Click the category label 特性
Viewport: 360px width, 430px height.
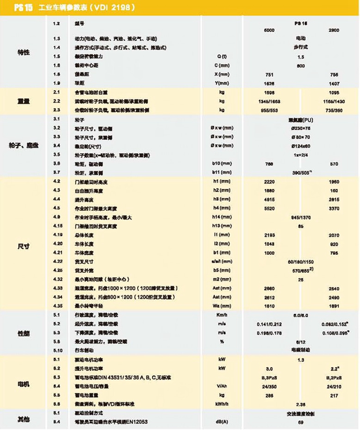(24, 52)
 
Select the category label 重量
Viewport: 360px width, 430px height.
(24, 101)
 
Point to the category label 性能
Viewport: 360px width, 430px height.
(24, 332)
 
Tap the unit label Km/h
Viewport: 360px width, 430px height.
(223, 315)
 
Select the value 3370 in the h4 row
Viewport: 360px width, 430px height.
(334, 208)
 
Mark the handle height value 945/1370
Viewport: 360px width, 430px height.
(301, 217)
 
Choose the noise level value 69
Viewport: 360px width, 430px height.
(301, 421)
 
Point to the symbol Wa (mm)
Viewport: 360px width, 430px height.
(223, 305)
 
